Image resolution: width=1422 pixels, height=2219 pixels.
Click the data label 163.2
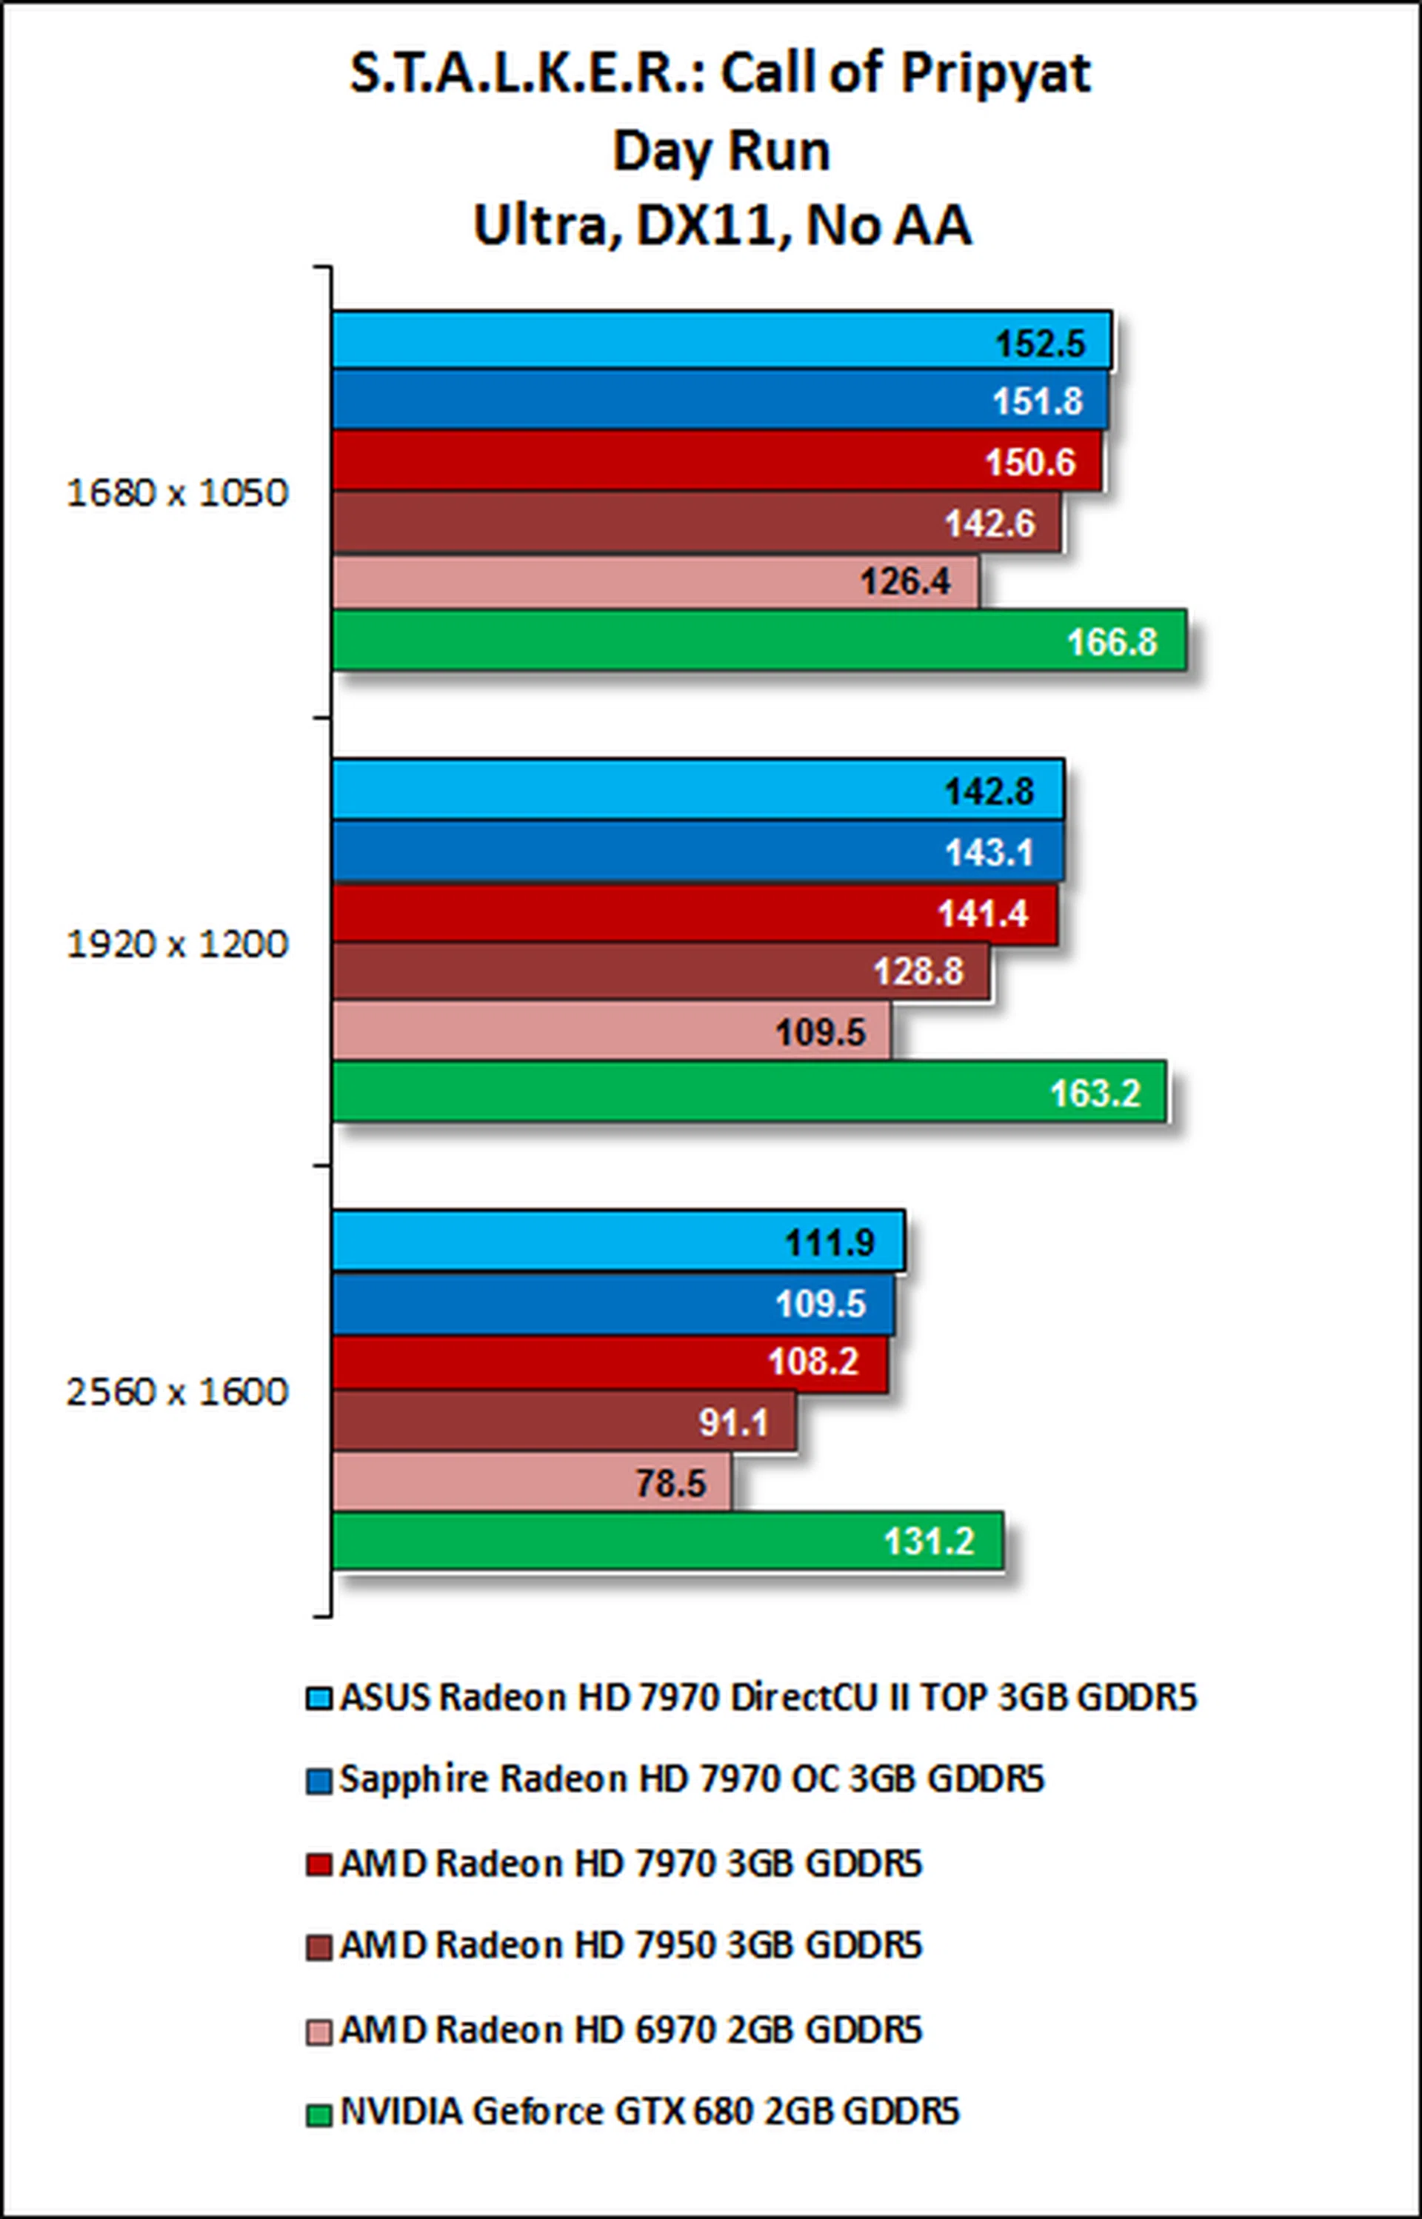1095,1093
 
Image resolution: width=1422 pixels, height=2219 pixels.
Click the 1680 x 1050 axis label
177,493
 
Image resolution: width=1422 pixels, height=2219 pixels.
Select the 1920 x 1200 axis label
177,944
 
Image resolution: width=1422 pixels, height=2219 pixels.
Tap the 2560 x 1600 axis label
177,1392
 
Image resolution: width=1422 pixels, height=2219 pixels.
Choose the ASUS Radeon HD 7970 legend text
767,1698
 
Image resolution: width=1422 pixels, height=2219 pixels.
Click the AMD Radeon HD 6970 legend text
631,2029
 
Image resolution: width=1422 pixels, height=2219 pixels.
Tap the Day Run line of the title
721,150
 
